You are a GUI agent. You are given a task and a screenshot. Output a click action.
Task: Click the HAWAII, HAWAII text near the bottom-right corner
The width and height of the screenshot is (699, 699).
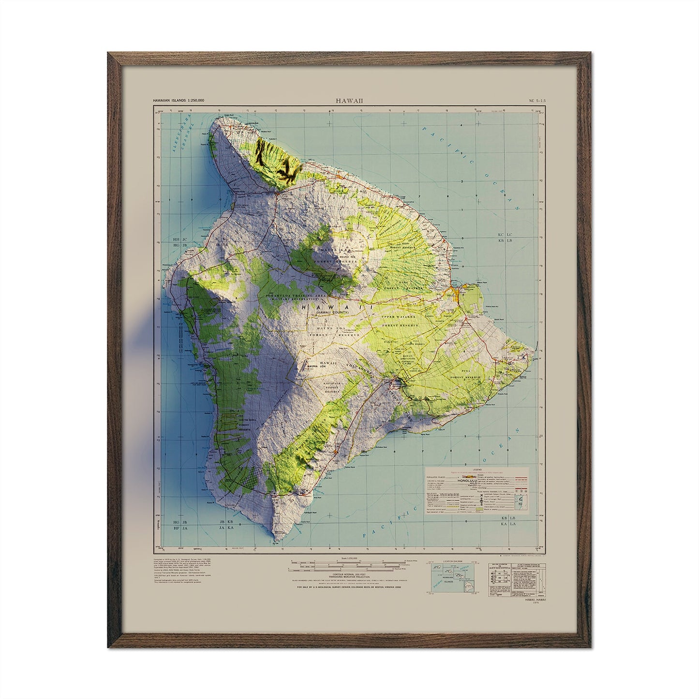(x=534, y=599)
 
